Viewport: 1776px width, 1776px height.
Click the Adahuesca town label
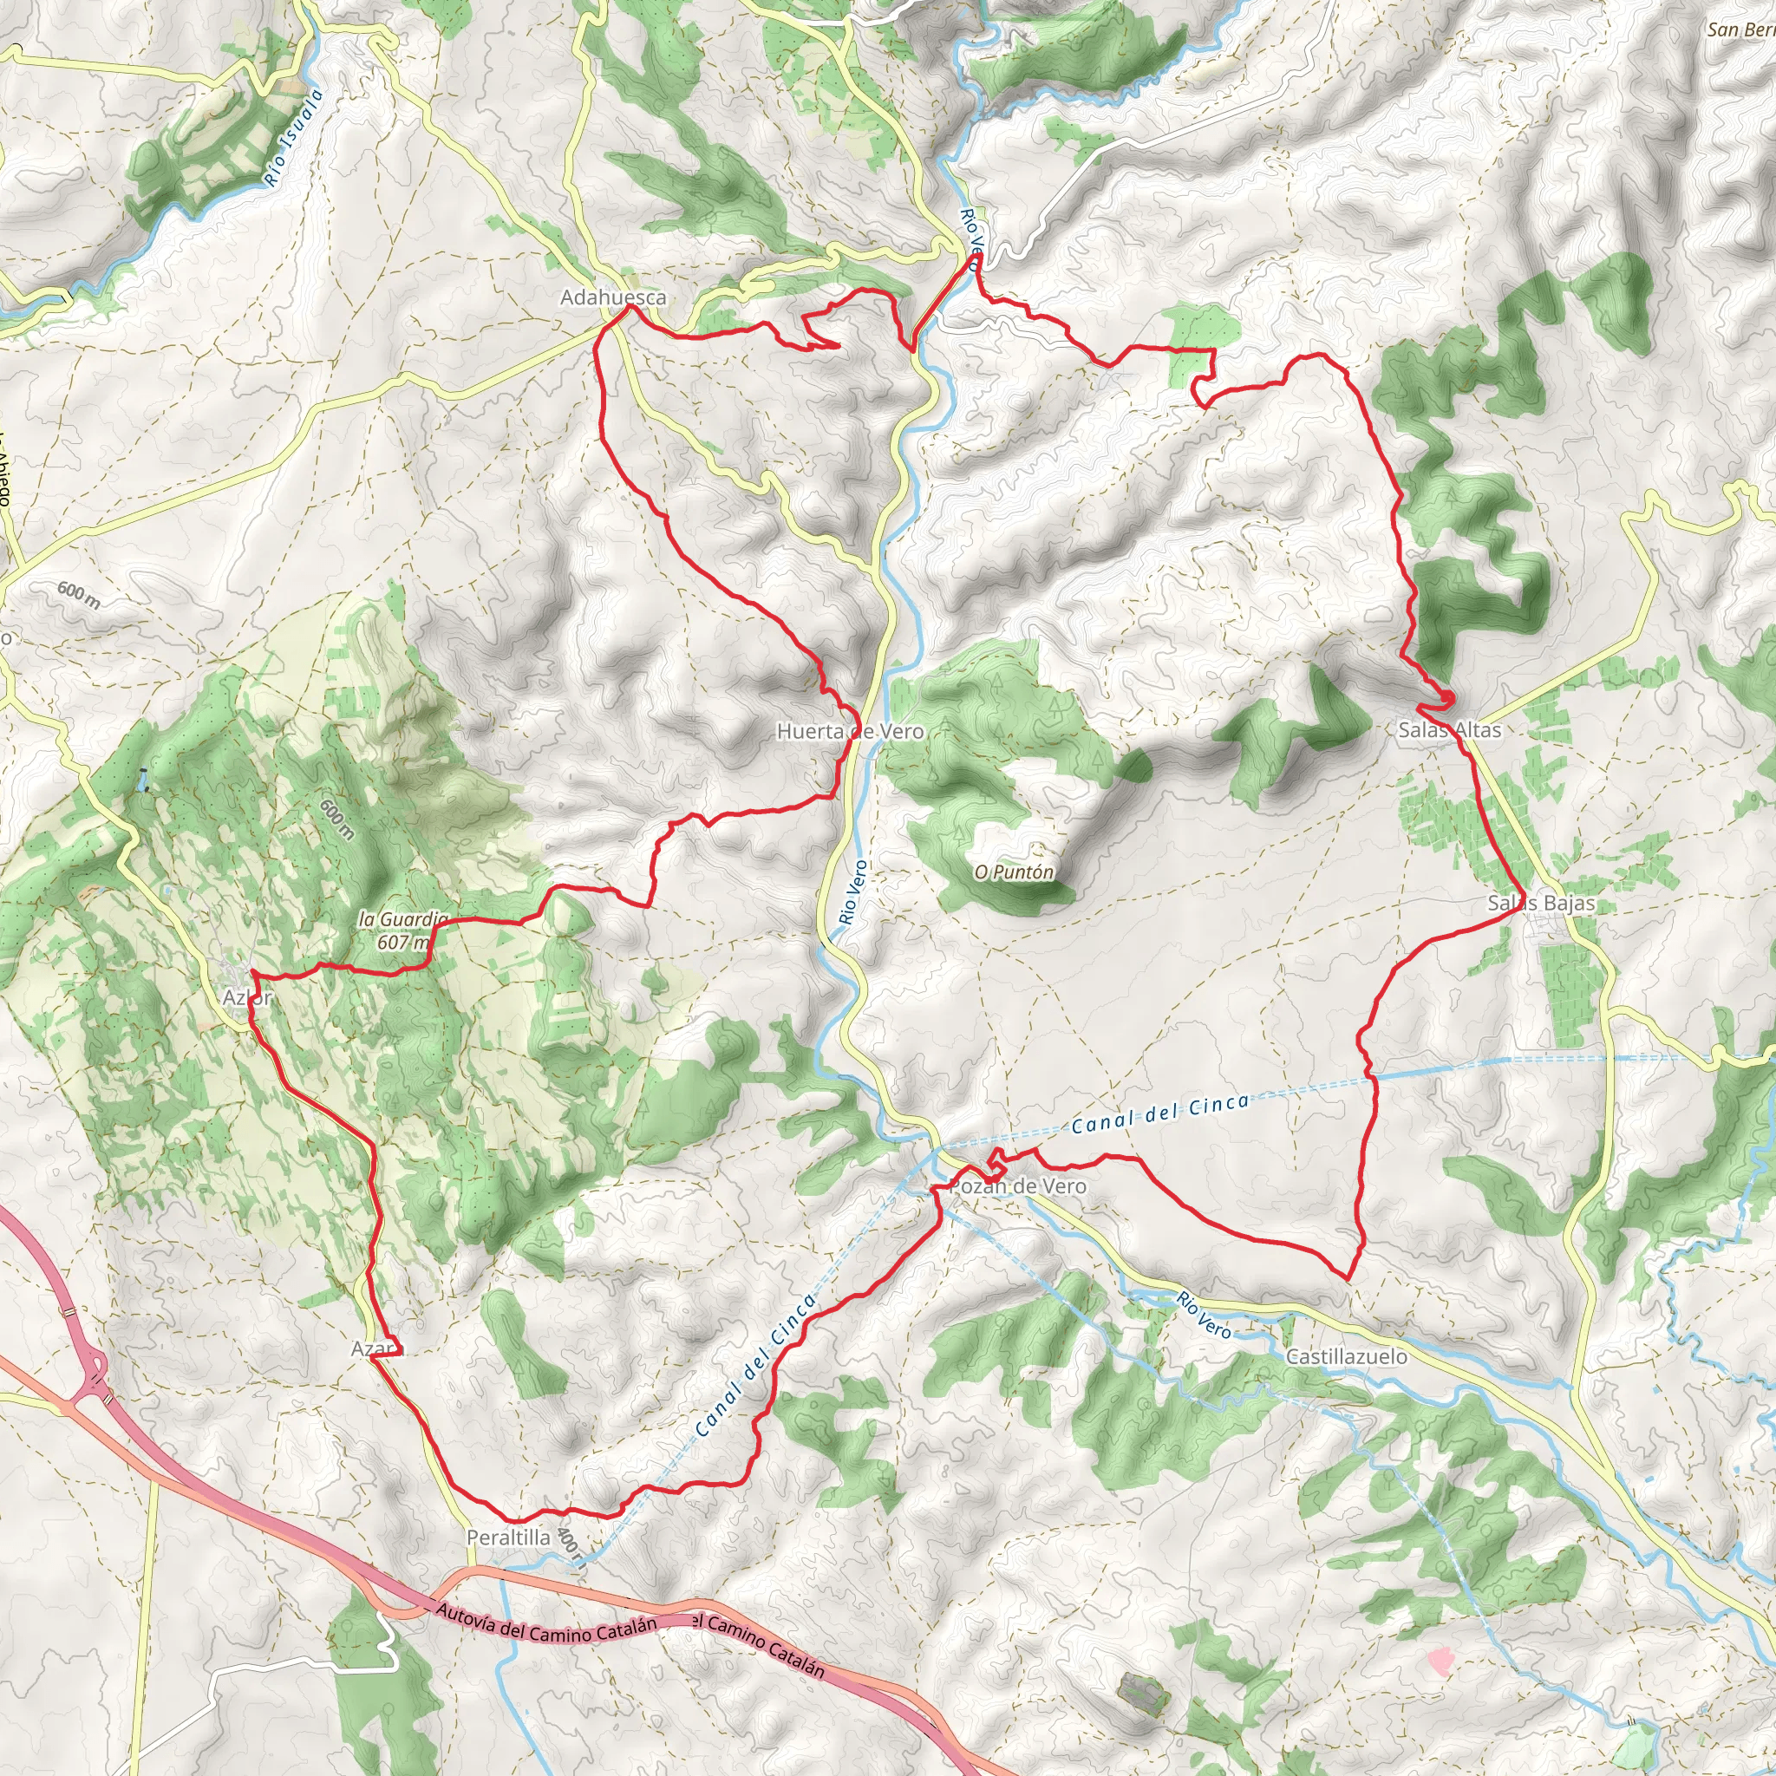pyautogui.click(x=613, y=297)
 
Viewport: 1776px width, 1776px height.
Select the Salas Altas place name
pyautogui.click(x=1449, y=730)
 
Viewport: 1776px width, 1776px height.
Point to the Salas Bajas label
pyautogui.click(x=1541, y=903)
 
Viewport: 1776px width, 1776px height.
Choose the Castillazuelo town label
pyautogui.click(x=1346, y=1356)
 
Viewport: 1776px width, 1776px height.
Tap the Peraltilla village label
pyautogui.click(x=508, y=1537)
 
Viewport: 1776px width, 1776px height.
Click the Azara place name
pyautogui.click(x=377, y=1348)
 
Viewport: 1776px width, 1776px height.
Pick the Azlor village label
pyautogui.click(x=247, y=997)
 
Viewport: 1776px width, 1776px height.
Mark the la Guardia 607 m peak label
pyautogui.click(x=402, y=930)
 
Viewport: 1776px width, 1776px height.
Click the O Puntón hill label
pyautogui.click(x=1014, y=872)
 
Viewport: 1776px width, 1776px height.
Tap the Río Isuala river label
pyautogui.click(x=293, y=138)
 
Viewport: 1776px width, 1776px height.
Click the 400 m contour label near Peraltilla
pyautogui.click(x=570, y=1549)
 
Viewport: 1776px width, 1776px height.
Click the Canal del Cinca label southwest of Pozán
pyautogui.click(x=755, y=1365)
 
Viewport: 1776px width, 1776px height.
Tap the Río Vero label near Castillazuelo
pyautogui.click(x=1204, y=1315)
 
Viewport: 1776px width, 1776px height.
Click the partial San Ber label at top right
pyautogui.click(x=1740, y=29)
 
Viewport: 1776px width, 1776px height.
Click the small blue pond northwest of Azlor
pyautogui.click(x=142, y=780)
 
